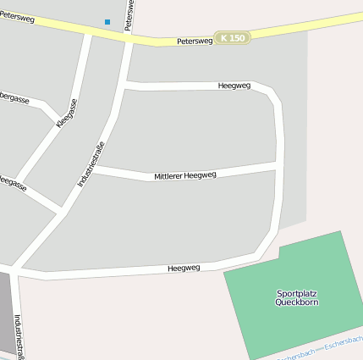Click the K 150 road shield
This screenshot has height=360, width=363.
pyautogui.click(x=232, y=38)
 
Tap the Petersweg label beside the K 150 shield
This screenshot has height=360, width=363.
pyautogui.click(x=193, y=41)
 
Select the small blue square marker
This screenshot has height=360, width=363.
pyautogui.click(x=107, y=21)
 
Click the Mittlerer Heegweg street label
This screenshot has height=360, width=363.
pyautogui.click(x=185, y=175)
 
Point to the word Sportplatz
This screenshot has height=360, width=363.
pyautogui.click(x=297, y=294)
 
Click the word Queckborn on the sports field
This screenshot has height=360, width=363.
pyautogui.click(x=297, y=302)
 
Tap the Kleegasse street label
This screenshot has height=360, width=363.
pyautogui.click(x=67, y=113)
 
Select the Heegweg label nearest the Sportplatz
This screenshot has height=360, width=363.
pyautogui.click(x=184, y=268)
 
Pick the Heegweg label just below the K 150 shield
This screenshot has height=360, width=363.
pyautogui.click(x=234, y=86)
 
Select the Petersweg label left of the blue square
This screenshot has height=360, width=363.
pyautogui.click(x=17, y=16)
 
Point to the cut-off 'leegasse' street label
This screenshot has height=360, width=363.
pyautogui.click(x=13, y=181)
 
